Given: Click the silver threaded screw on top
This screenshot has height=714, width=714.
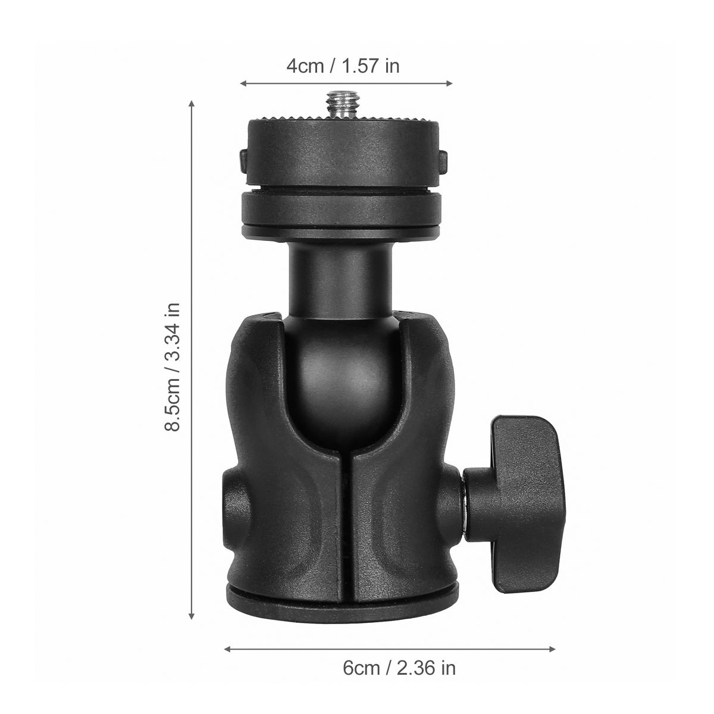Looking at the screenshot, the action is [x=343, y=105].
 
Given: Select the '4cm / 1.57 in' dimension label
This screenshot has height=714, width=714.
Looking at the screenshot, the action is [x=343, y=66].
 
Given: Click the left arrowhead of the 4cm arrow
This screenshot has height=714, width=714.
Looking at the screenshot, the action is [x=243, y=83].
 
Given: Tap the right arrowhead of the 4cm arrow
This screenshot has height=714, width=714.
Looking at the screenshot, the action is [x=449, y=83].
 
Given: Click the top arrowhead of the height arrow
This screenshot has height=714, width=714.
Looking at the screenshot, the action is [x=192, y=104].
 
